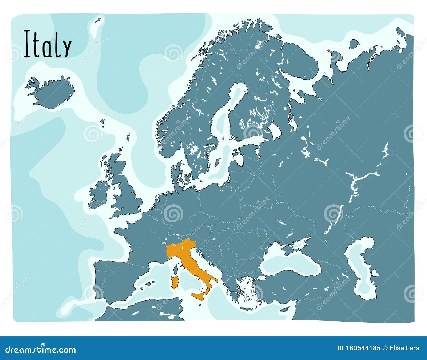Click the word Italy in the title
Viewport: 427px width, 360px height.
click(x=48, y=44)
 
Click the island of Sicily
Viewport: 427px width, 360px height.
click(x=199, y=296)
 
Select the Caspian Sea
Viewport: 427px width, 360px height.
click(x=363, y=270)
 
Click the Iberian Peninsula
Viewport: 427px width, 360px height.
click(x=117, y=280)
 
